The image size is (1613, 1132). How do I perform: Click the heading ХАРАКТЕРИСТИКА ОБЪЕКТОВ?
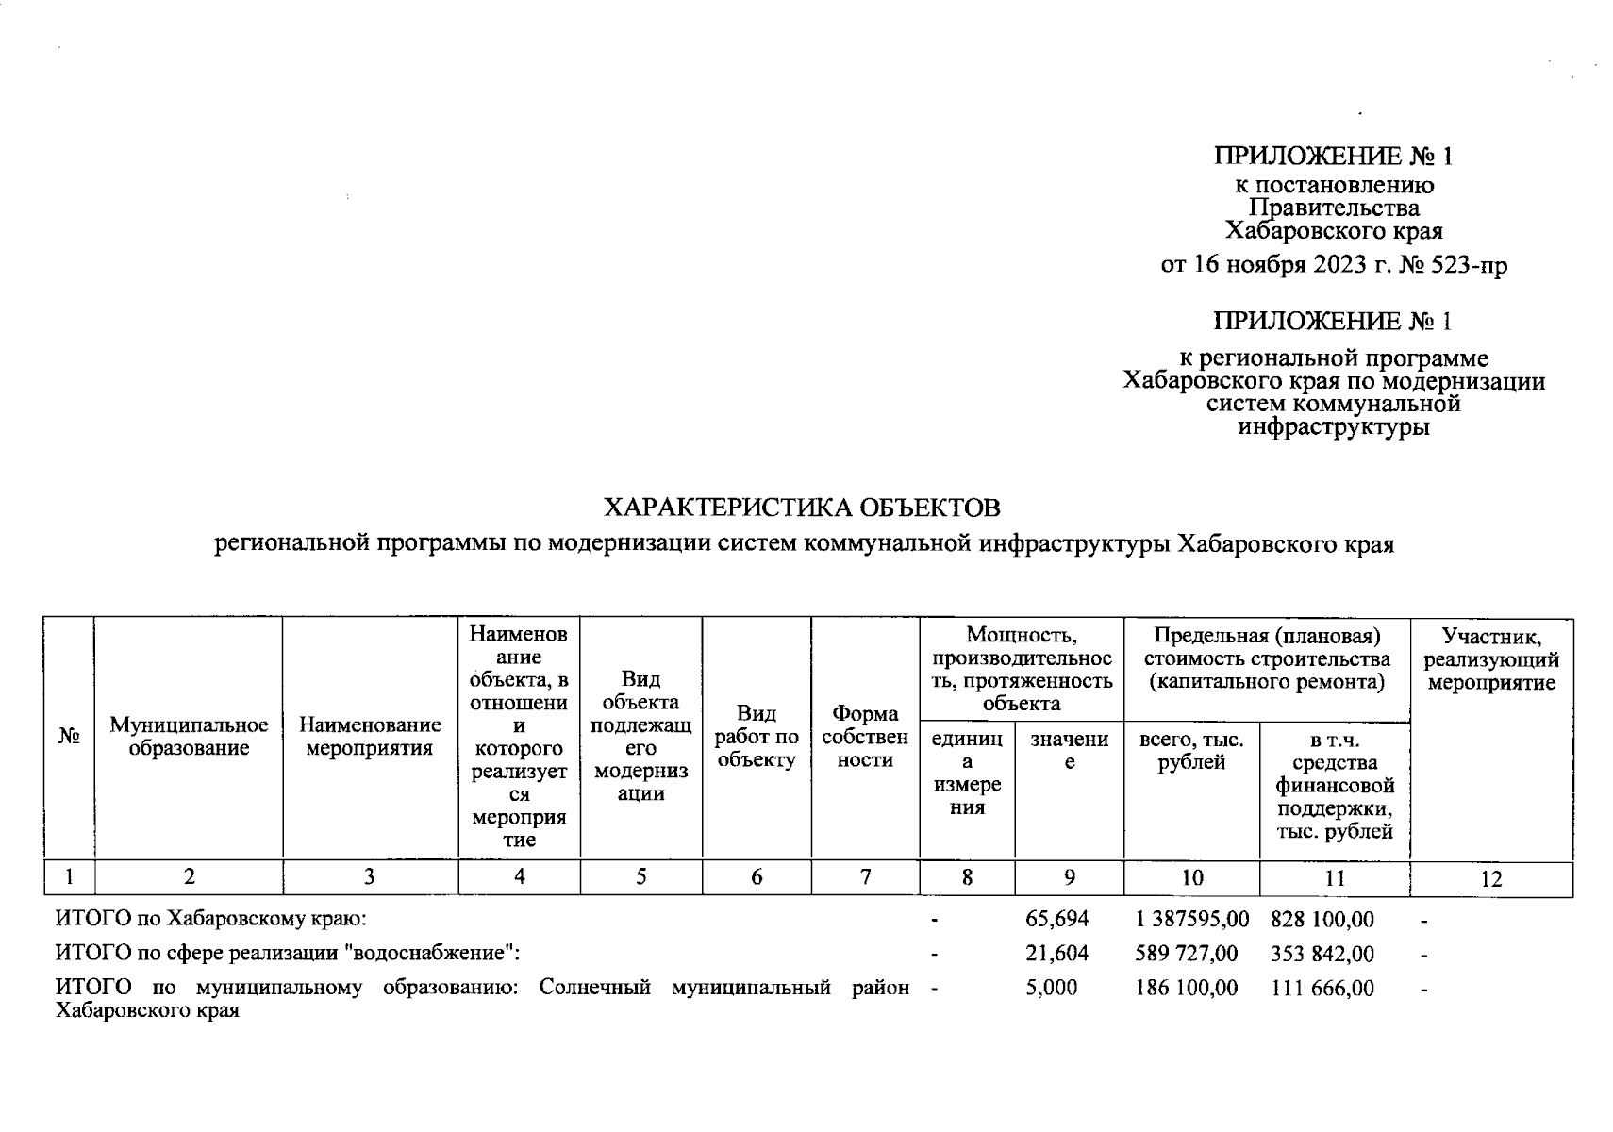801,508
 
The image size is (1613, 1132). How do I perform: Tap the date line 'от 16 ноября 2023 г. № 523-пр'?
1334,265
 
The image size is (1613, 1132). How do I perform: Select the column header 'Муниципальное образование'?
189,737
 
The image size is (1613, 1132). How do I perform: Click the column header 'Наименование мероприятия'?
370,737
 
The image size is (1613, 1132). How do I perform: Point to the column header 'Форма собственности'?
864,737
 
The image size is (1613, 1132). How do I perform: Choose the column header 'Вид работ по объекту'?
757,737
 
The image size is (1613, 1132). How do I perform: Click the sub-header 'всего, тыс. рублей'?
1191,752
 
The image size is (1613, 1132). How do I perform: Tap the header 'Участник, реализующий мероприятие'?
1490,658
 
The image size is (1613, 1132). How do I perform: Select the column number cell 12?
1490,879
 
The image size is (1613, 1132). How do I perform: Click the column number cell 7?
864,877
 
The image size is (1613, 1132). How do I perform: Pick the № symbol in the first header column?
68,737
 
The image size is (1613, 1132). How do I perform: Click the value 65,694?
1056,919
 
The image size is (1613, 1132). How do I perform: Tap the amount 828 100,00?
1322,919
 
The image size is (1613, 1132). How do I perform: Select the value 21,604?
1056,954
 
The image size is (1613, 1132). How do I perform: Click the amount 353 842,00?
1322,954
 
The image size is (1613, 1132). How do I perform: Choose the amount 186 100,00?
1187,989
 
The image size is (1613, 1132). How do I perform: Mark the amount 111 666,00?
1322,989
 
